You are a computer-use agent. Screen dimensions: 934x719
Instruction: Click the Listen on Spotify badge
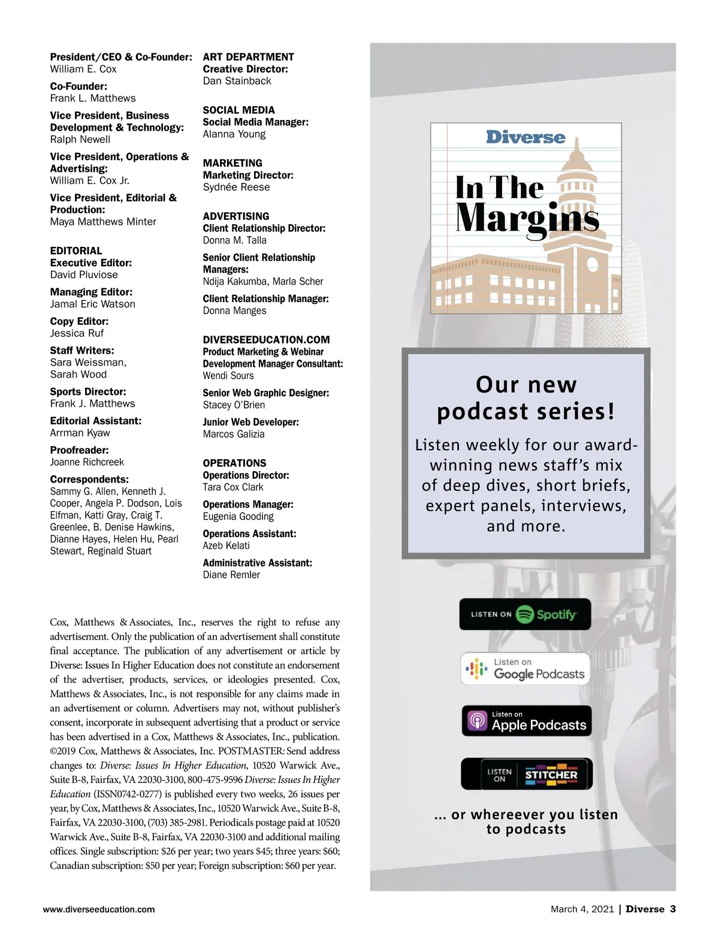pyautogui.click(x=525, y=614)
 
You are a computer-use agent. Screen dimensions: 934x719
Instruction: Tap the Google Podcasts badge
pyautogui.click(x=525, y=668)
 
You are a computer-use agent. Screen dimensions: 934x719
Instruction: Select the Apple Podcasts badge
pyautogui.click(x=527, y=721)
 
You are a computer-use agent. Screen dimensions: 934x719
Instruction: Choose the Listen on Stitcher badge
pyautogui.click(x=526, y=774)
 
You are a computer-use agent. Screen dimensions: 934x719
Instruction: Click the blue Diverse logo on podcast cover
pyautogui.click(x=525, y=137)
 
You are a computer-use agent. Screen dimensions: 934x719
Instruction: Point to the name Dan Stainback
pyautogui.click(x=237, y=81)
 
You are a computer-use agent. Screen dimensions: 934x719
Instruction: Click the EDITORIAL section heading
pyautogui.click(x=76, y=251)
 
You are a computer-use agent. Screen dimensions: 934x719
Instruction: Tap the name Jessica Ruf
pyautogui.click(x=77, y=333)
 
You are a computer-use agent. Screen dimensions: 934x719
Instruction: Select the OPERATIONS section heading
pyautogui.click(x=234, y=463)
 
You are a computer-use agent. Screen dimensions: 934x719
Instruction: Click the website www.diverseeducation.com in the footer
pyautogui.click(x=99, y=909)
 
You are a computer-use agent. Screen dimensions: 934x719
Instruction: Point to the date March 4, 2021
pyautogui.click(x=582, y=909)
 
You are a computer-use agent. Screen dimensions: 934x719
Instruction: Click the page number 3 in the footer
pyautogui.click(x=673, y=909)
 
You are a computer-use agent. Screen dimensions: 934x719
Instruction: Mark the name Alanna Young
pyautogui.click(x=234, y=134)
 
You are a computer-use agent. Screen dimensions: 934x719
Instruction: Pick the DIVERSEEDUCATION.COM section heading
pyautogui.click(x=266, y=339)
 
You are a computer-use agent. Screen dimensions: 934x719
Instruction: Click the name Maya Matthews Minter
pyautogui.click(x=103, y=222)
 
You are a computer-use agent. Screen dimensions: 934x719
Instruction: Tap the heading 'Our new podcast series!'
pyautogui.click(x=526, y=397)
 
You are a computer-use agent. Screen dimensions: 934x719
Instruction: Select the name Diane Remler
pyautogui.click(x=231, y=575)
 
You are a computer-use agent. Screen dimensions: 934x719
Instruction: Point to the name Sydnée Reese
pyautogui.click(x=236, y=187)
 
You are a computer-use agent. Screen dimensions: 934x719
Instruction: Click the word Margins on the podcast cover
pyautogui.click(x=527, y=218)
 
